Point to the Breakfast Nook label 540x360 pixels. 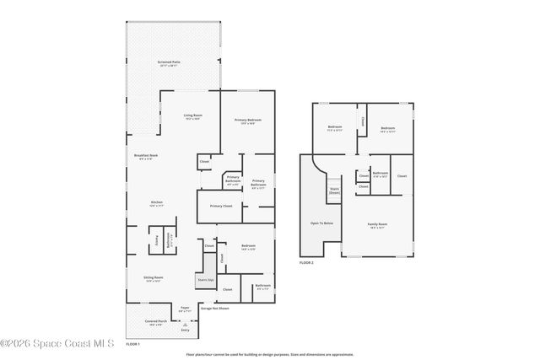[x=146, y=156]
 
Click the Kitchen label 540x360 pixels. [x=156, y=203]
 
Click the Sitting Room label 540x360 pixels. [x=153, y=278]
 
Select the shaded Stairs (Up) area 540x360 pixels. [x=204, y=279]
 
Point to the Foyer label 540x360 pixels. [x=185, y=309]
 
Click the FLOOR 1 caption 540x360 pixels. [x=132, y=344]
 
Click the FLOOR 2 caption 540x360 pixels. [x=305, y=263]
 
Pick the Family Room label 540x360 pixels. [x=375, y=225]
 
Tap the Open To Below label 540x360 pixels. [x=321, y=223]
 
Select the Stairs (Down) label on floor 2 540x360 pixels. [x=334, y=191]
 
